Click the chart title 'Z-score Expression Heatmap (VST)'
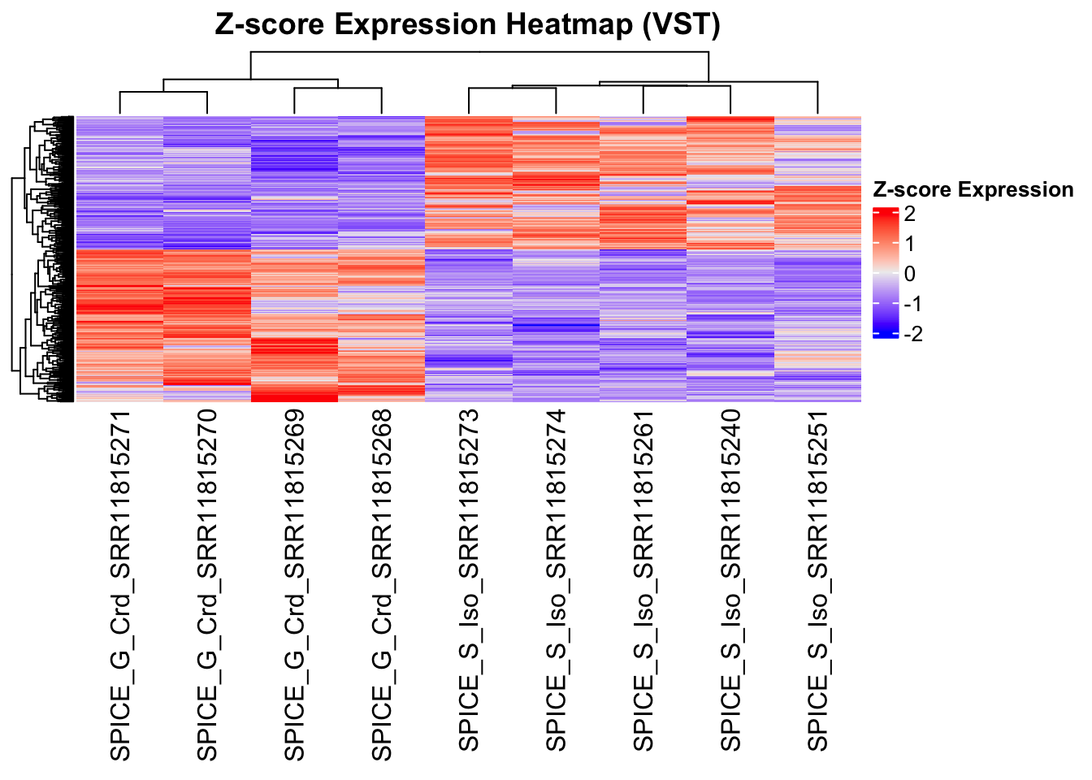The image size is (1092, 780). (x=467, y=24)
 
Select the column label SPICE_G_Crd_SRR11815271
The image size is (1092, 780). (x=120, y=585)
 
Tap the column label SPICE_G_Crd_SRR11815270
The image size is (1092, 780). (x=207, y=585)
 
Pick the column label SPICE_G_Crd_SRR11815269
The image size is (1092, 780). (x=294, y=585)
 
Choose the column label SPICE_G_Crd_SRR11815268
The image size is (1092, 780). (x=381, y=585)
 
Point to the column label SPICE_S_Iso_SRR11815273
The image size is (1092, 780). (x=469, y=582)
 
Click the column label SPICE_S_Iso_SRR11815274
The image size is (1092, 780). (x=556, y=582)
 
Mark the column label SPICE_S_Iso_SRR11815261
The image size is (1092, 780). (x=643, y=582)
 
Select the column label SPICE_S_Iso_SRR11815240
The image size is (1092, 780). (x=730, y=582)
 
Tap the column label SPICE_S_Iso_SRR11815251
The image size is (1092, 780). (x=817, y=582)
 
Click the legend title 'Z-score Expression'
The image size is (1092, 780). (x=973, y=190)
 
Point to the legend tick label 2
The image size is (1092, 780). (x=909, y=214)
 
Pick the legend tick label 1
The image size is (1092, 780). (x=909, y=244)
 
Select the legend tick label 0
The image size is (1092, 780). (x=909, y=274)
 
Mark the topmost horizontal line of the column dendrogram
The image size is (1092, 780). (x=479, y=53)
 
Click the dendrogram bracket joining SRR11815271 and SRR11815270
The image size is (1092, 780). (x=163, y=93)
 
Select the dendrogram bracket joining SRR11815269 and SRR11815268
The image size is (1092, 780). (x=338, y=89)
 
